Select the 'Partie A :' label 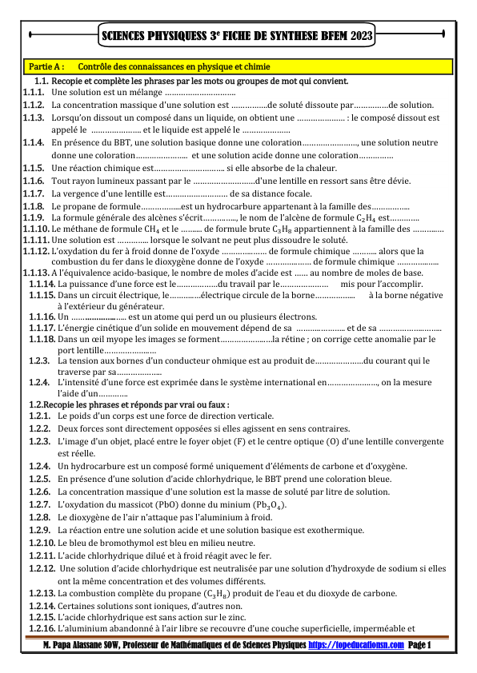(45, 66)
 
